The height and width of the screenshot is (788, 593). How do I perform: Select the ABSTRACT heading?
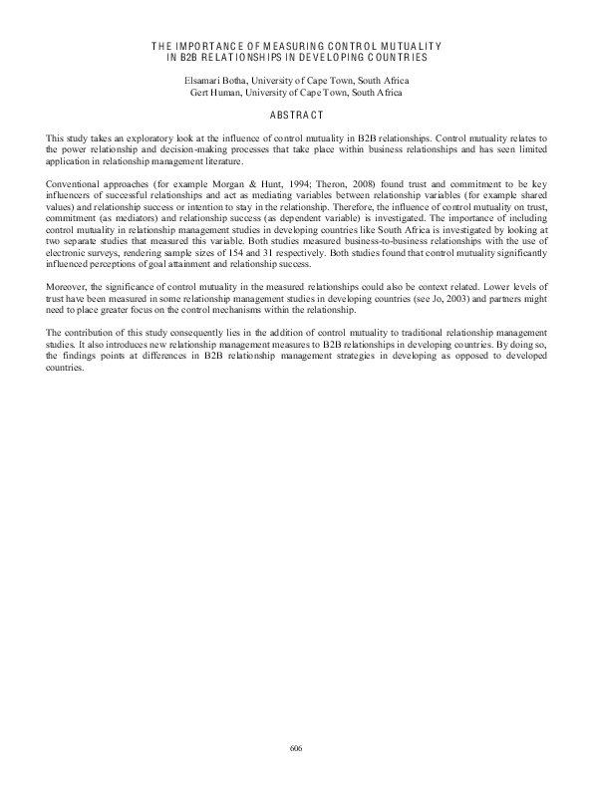coord(296,115)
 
